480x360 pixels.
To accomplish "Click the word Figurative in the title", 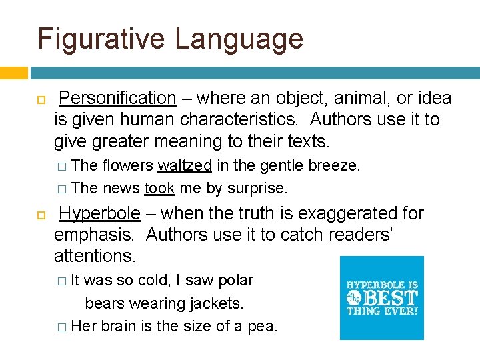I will point(101,39).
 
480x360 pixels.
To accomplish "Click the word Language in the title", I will point(239,39).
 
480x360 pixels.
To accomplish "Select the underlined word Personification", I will point(117,99).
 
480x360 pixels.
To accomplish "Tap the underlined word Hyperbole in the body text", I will point(100,213).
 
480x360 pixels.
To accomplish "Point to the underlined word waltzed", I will point(185,165).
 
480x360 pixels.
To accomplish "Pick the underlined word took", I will point(159,189).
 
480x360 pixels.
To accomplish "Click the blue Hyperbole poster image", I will point(381,298).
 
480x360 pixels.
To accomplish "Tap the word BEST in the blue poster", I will point(391,297).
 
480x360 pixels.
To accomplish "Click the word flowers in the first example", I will point(128,165).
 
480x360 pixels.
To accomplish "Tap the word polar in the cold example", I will point(236,280).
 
